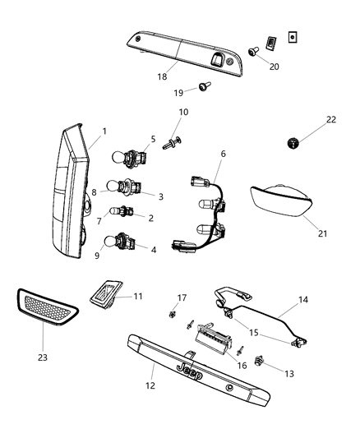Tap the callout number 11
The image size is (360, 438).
point(137,295)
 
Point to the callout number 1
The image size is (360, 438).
point(104,131)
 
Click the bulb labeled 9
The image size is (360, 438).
point(111,242)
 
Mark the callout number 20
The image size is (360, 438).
point(273,67)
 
